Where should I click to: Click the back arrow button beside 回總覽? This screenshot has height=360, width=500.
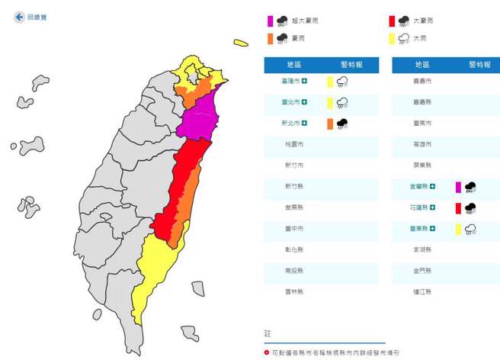click(x=18, y=16)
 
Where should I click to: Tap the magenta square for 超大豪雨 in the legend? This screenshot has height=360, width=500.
click(x=270, y=21)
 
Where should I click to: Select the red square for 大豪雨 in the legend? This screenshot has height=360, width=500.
click(x=391, y=21)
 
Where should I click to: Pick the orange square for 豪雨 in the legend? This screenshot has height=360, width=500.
click(x=270, y=37)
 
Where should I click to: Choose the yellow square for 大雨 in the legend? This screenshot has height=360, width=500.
click(x=391, y=37)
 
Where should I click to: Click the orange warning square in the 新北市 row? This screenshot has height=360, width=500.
click(x=330, y=123)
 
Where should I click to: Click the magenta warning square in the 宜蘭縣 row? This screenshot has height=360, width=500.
click(x=458, y=186)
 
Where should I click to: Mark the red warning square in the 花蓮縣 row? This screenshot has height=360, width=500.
click(x=458, y=207)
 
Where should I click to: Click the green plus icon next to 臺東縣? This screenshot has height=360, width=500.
click(x=433, y=228)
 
